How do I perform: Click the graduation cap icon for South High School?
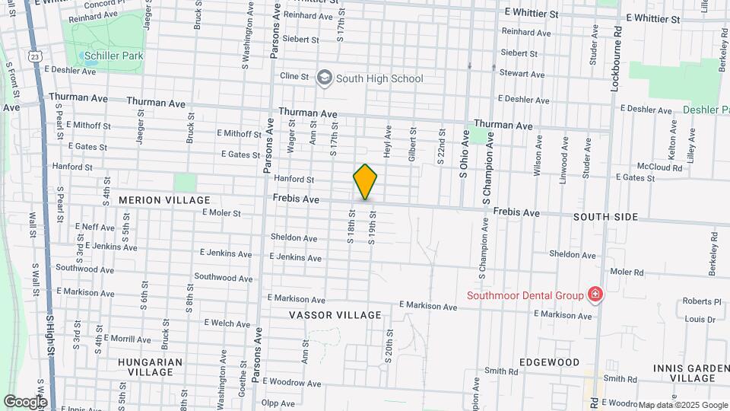pyautogui.click(x=325, y=78)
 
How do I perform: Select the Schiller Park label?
pyautogui.click(x=113, y=56)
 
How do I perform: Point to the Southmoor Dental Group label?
pyautogui.click(x=525, y=295)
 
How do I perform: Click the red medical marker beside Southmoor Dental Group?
pyautogui.click(x=595, y=295)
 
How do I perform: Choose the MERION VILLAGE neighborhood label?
pyautogui.click(x=164, y=200)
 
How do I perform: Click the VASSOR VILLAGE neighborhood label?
pyautogui.click(x=335, y=315)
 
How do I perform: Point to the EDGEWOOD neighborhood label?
pyautogui.click(x=549, y=362)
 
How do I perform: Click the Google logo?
pyautogui.click(x=25, y=401)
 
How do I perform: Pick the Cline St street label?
pyautogui.click(x=294, y=76)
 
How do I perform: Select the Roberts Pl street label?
pyautogui.click(x=701, y=301)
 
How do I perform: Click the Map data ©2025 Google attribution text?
pyautogui.click(x=683, y=405)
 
